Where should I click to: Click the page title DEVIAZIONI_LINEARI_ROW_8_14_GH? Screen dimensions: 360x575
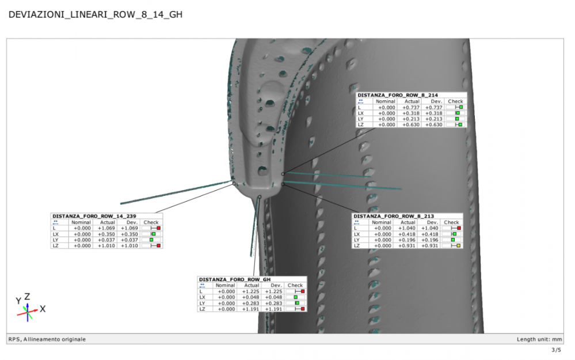coord(95,14)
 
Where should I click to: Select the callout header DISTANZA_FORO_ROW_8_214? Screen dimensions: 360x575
coord(398,95)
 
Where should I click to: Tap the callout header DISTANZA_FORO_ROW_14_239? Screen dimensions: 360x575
coord(94,216)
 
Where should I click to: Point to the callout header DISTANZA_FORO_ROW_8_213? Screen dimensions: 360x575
coord(394,216)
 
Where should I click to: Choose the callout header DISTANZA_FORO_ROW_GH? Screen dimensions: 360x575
coord(235,279)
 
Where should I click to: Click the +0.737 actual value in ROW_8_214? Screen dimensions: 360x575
coord(412,107)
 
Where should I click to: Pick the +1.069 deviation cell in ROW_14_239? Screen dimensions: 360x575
coord(130,228)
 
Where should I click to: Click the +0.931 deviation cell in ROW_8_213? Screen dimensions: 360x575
coord(431,246)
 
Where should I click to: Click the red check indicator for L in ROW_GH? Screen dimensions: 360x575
coord(302,291)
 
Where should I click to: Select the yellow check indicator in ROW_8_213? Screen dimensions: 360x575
coord(459,246)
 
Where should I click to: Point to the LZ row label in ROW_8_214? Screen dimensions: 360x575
coord(361,124)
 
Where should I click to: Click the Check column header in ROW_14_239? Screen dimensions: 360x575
coord(151,222)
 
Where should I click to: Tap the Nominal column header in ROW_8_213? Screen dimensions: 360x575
coord(381,222)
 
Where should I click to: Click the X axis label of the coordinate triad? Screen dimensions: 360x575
coord(43,309)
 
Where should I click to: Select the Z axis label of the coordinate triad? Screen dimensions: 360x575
coord(27,296)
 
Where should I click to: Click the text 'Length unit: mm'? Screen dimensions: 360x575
coord(539,339)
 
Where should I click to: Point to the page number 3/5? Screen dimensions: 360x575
coord(556,350)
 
